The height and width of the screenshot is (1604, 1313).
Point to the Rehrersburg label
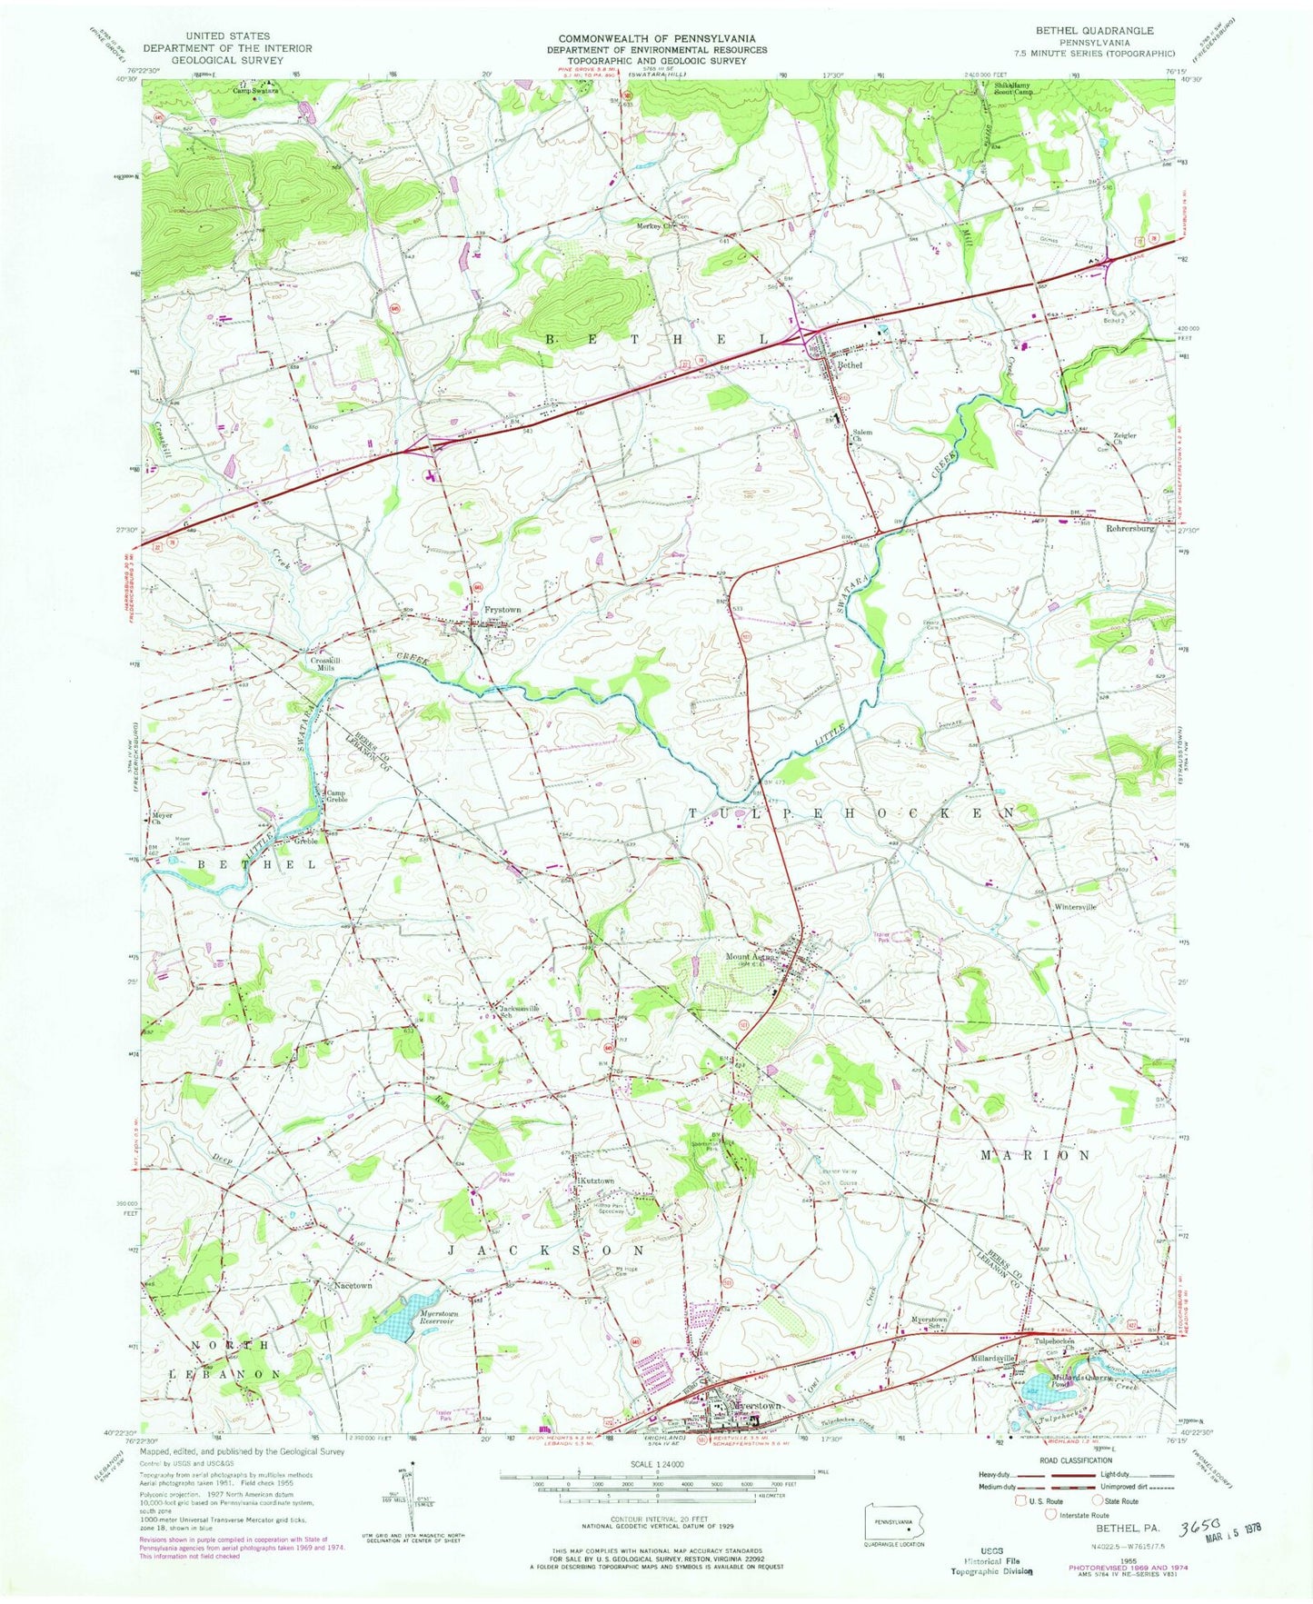point(1129,528)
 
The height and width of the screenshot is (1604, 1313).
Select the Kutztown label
point(596,1181)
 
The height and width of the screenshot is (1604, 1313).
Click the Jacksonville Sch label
point(517,1010)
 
